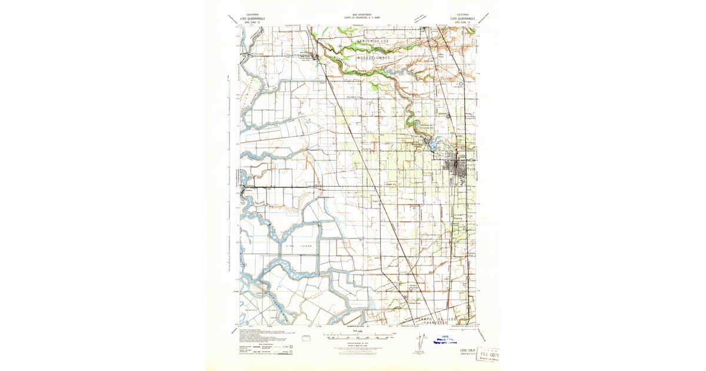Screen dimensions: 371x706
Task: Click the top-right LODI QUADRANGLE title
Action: click(462, 18)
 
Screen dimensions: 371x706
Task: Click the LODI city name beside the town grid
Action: click(462, 156)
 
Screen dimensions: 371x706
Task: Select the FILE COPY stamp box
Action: click(487, 356)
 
